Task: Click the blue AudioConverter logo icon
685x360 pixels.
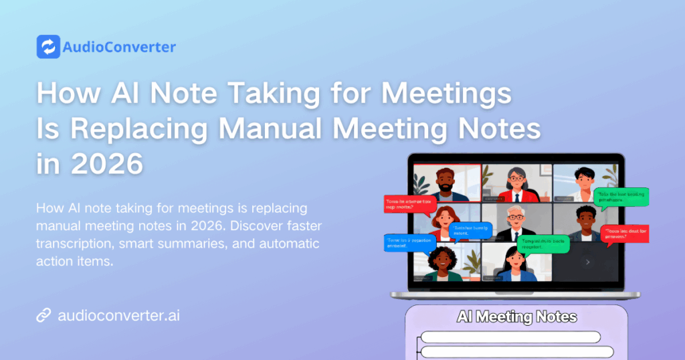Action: pyautogui.click(x=48, y=47)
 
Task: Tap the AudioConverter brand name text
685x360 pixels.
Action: pyautogui.click(x=118, y=47)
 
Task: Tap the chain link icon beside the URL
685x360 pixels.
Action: pyautogui.click(x=43, y=314)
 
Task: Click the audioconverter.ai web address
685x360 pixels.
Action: pyautogui.click(x=119, y=314)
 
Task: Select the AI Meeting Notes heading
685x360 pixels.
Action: pyautogui.click(x=516, y=317)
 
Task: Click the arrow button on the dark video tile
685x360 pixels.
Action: pyautogui.click(x=587, y=262)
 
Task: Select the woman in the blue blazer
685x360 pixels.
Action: pyautogui.click(x=516, y=264)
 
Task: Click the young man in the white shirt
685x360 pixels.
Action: pyautogui.click(x=583, y=184)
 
